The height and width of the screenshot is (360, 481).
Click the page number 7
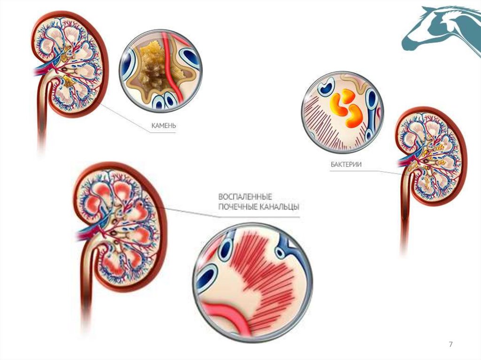(x=451, y=345)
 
